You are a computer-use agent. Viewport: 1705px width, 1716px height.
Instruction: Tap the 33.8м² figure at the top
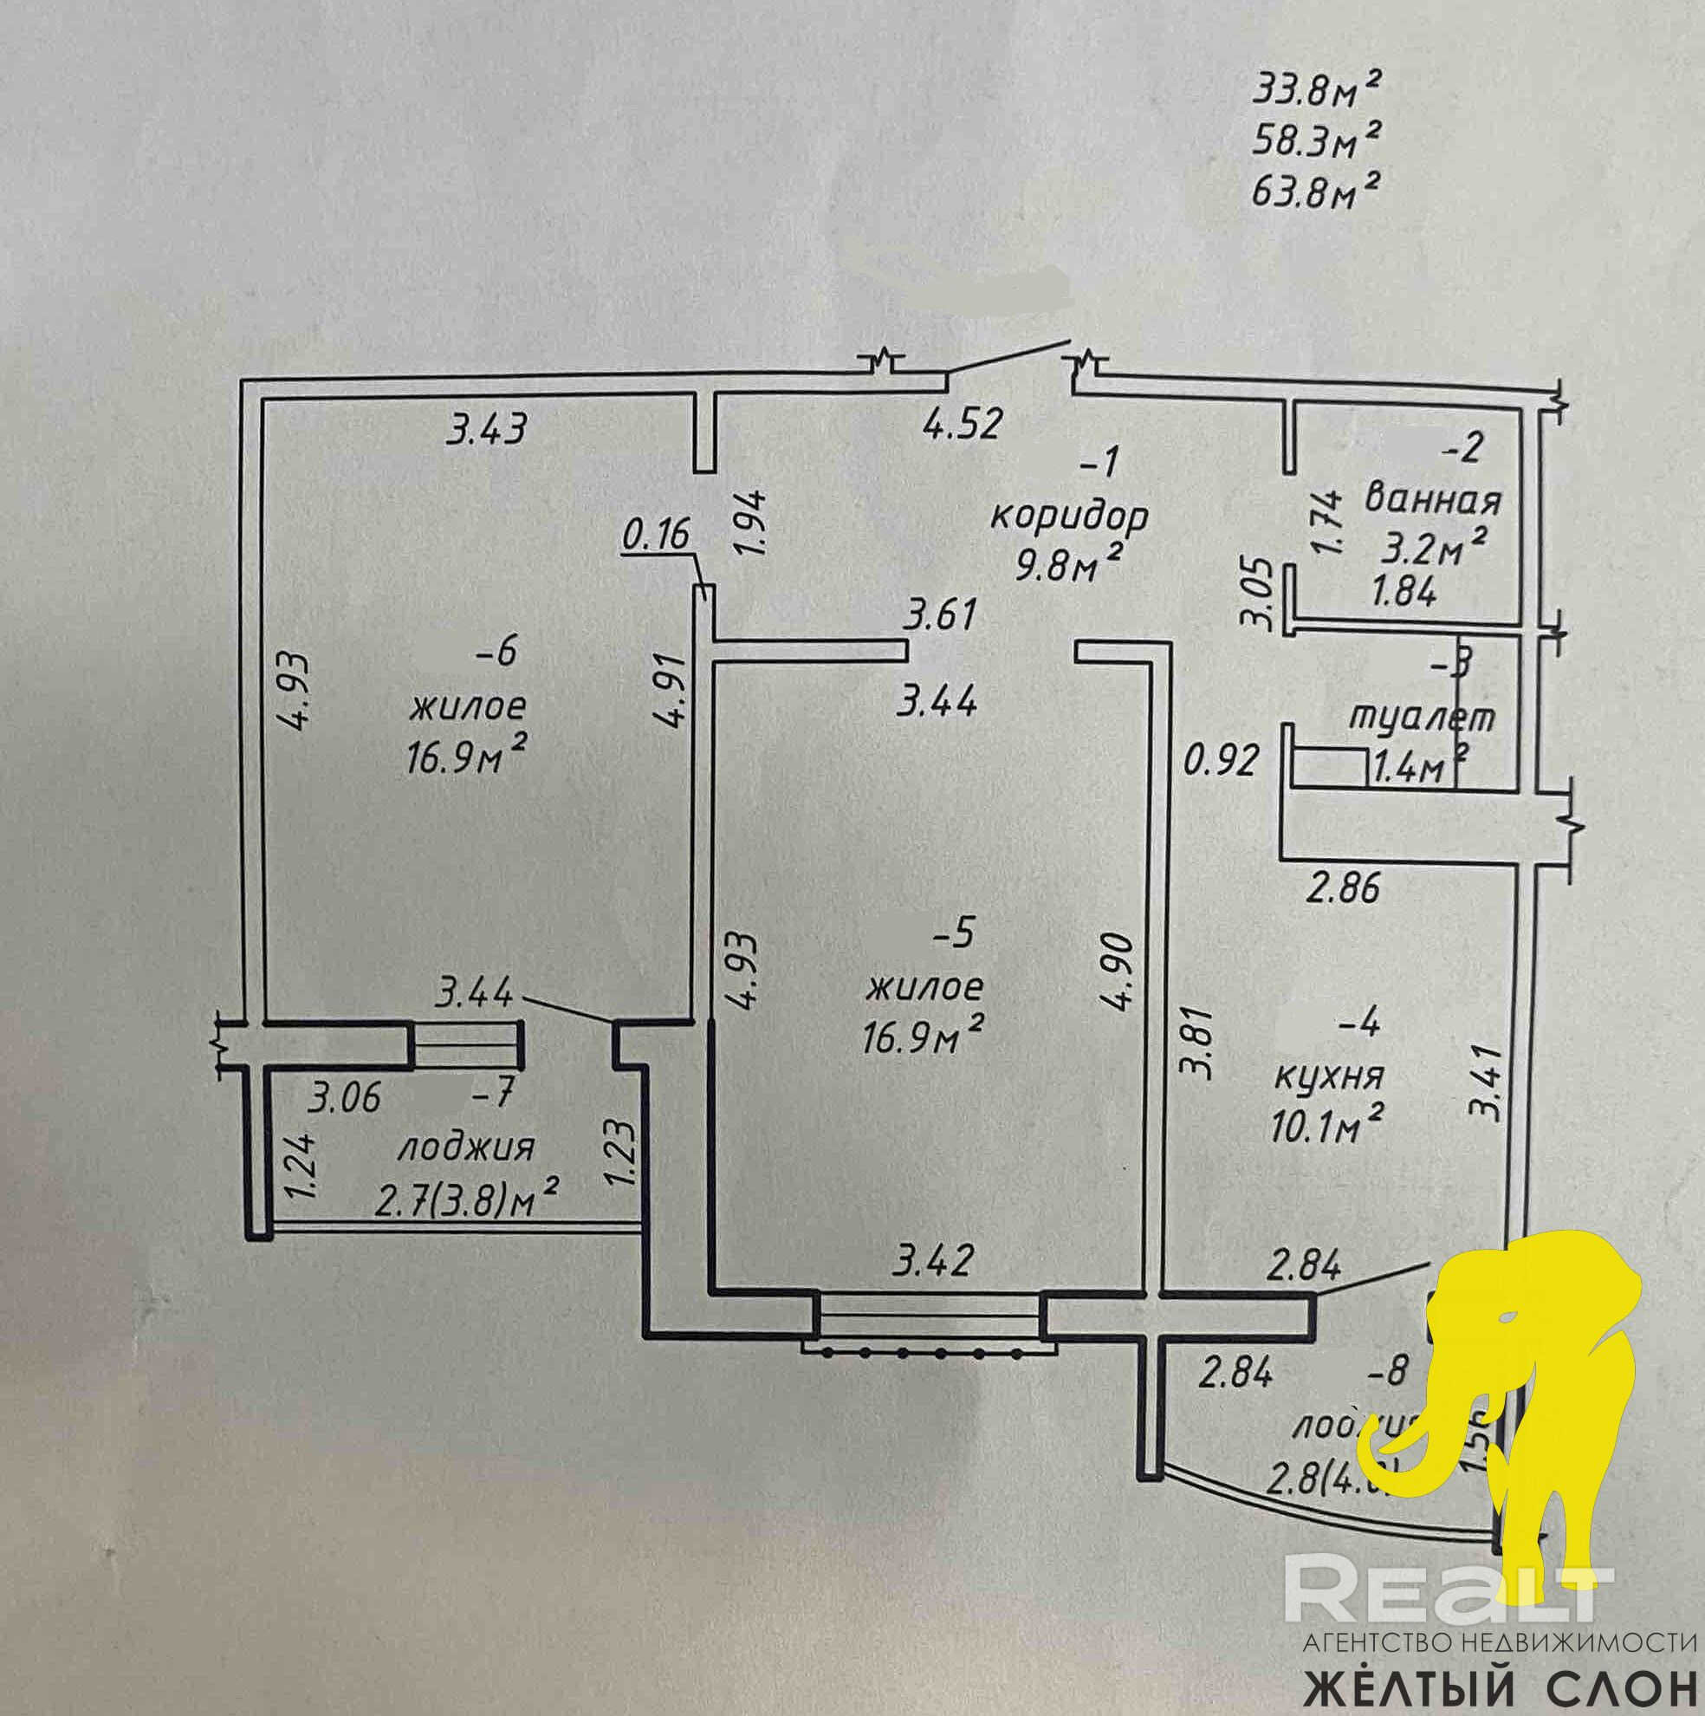pos(1316,90)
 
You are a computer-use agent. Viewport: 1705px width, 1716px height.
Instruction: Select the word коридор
pos(1069,515)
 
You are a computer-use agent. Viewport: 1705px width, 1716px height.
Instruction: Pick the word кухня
pos(1329,1076)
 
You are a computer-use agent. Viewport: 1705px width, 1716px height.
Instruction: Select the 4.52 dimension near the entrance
pos(963,424)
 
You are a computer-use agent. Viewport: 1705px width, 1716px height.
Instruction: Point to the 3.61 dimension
pos(940,614)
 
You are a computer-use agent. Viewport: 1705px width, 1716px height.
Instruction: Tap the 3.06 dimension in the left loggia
pos(345,1098)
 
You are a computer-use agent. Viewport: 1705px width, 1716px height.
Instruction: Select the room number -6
pos(496,653)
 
